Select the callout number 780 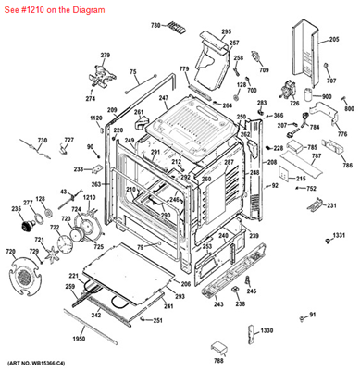click(155, 25)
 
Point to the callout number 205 click(334, 41)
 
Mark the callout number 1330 click(267, 330)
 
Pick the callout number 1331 click(339, 236)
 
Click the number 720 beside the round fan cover click(11, 252)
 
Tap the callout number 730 click(16, 140)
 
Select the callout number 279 click(105, 56)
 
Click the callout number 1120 click(95, 118)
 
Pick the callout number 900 click(327, 96)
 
